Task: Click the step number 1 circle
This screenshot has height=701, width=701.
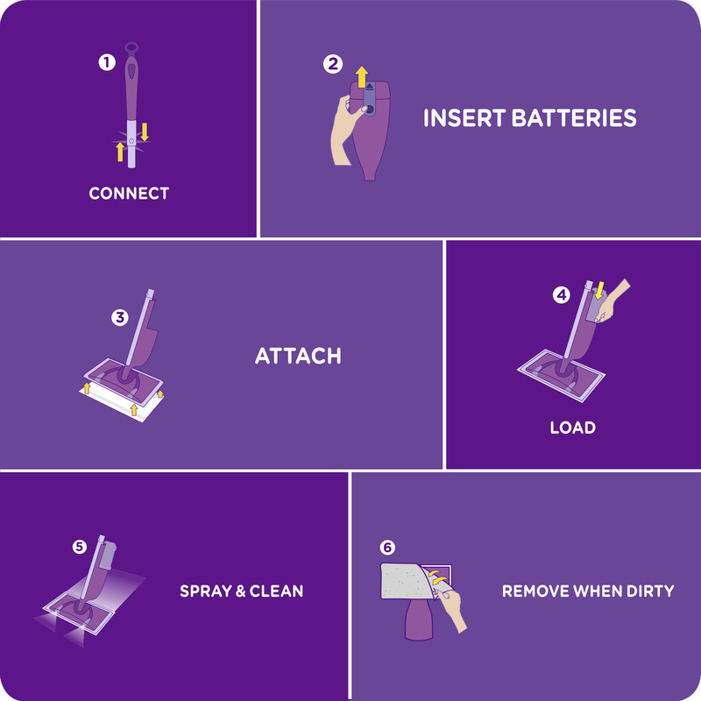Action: point(106,62)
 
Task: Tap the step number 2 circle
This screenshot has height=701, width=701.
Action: point(332,63)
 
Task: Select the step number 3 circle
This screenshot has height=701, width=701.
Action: point(121,317)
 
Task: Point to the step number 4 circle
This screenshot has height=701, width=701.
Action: point(561,295)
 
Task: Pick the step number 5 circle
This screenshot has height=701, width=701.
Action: point(79,547)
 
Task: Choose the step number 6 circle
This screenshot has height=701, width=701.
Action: point(387,547)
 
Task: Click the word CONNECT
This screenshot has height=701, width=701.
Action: point(129,193)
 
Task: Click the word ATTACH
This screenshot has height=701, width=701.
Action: point(297,357)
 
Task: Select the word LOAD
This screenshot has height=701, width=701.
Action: point(572,428)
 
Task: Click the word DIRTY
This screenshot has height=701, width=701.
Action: point(646,591)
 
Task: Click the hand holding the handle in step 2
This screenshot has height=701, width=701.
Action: point(341,131)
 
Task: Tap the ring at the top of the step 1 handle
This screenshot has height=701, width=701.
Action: point(131,48)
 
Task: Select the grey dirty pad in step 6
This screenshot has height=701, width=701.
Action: point(404,584)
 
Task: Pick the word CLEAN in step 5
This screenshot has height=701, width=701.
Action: point(276,591)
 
